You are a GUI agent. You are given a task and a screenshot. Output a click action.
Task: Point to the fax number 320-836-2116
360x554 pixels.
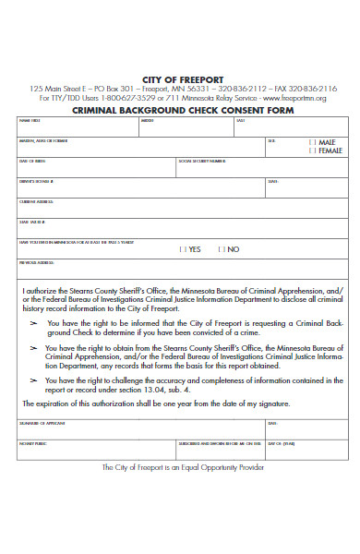coord(314,89)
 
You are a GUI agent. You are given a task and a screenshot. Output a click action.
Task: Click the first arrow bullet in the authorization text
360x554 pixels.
coord(35,324)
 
